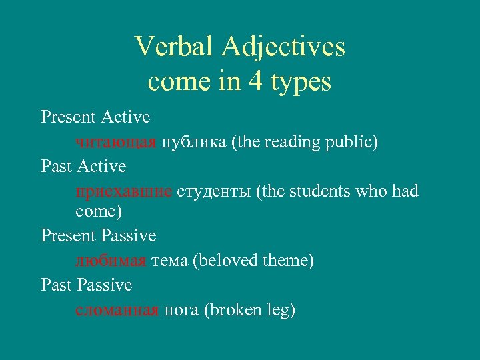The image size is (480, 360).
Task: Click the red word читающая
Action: (116, 142)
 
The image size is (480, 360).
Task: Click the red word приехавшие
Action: (124, 192)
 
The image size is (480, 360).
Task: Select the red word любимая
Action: (111, 261)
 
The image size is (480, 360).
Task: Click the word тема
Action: (169, 261)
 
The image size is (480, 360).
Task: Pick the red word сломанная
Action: (117, 310)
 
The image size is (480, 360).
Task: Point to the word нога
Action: (181, 311)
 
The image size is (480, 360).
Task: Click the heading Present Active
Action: (95, 117)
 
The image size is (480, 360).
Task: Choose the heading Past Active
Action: (83, 166)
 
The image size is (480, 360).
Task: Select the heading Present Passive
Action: (98, 235)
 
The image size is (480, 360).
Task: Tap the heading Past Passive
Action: (86, 285)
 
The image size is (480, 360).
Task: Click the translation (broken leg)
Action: (250, 310)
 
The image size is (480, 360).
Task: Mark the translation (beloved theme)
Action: (253, 261)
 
